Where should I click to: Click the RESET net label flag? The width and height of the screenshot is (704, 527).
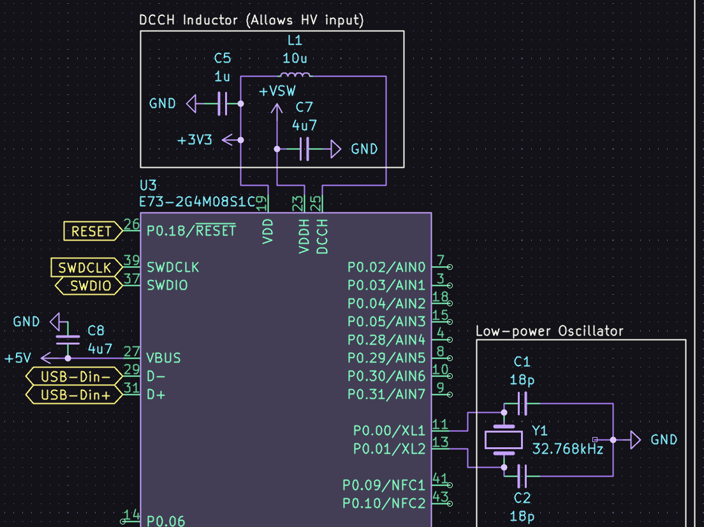click(92, 231)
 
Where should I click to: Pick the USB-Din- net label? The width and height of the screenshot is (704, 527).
click(75, 376)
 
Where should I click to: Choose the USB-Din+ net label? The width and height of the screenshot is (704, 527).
click(75, 395)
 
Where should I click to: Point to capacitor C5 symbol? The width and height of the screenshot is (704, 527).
click(222, 103)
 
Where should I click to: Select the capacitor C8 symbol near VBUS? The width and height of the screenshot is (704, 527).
click(68, 339)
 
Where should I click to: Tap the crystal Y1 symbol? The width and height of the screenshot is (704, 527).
click(504, 440)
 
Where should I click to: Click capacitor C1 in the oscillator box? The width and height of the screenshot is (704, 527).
click(522, 403)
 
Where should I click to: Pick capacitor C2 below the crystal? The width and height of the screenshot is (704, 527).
click(522, 476)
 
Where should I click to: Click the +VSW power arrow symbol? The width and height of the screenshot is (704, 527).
click(277, 112)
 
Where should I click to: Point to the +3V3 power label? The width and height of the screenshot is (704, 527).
click(195, 140)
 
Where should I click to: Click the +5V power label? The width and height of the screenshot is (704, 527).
click(18, 359)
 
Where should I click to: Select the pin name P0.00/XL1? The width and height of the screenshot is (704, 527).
click(388, 430)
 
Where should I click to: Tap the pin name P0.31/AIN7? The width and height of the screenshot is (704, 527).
click(386, 394)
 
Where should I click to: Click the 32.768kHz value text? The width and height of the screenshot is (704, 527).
click(568, 449)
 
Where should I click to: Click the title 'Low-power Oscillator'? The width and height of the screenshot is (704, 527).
click(549, 331)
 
